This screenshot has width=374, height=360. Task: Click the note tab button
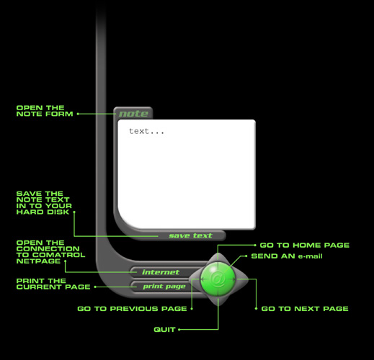point(133,113)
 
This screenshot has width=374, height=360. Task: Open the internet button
point(161,272)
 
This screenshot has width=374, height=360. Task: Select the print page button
point(164,287)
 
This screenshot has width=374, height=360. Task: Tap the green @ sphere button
point(218,279)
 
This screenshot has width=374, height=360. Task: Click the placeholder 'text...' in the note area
point(146,131)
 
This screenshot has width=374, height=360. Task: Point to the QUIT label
point(164,330)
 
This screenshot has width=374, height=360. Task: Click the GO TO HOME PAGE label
point(305,245)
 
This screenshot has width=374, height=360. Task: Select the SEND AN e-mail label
point(287,256)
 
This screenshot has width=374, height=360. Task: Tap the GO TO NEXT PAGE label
point(305,308)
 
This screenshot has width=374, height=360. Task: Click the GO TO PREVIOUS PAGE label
point(132,308)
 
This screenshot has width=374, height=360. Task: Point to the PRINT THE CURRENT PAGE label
point(53,284)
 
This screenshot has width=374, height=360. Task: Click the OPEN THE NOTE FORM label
point(45,111)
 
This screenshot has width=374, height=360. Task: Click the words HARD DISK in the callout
point(43,212)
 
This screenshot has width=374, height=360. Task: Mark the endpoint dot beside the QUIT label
point(179,330)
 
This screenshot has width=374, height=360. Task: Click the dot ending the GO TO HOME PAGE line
point(255,245)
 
